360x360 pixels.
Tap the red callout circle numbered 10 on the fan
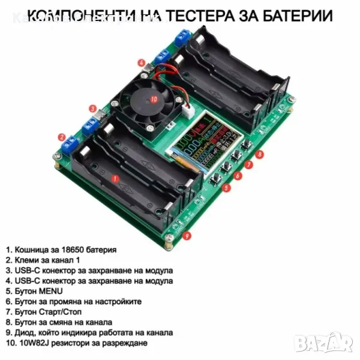(x=154, y=100)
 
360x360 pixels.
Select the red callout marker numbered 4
(x=141, y=62)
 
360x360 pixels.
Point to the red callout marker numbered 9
(x=188, y=235)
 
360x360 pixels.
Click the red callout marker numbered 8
(x=259, y=155)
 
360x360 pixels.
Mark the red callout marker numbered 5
(x=226, y=187)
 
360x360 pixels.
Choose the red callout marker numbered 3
(x=92, y=109)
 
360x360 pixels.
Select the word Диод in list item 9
(x=25, y=332)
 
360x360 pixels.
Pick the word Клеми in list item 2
(x=26, y=260)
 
